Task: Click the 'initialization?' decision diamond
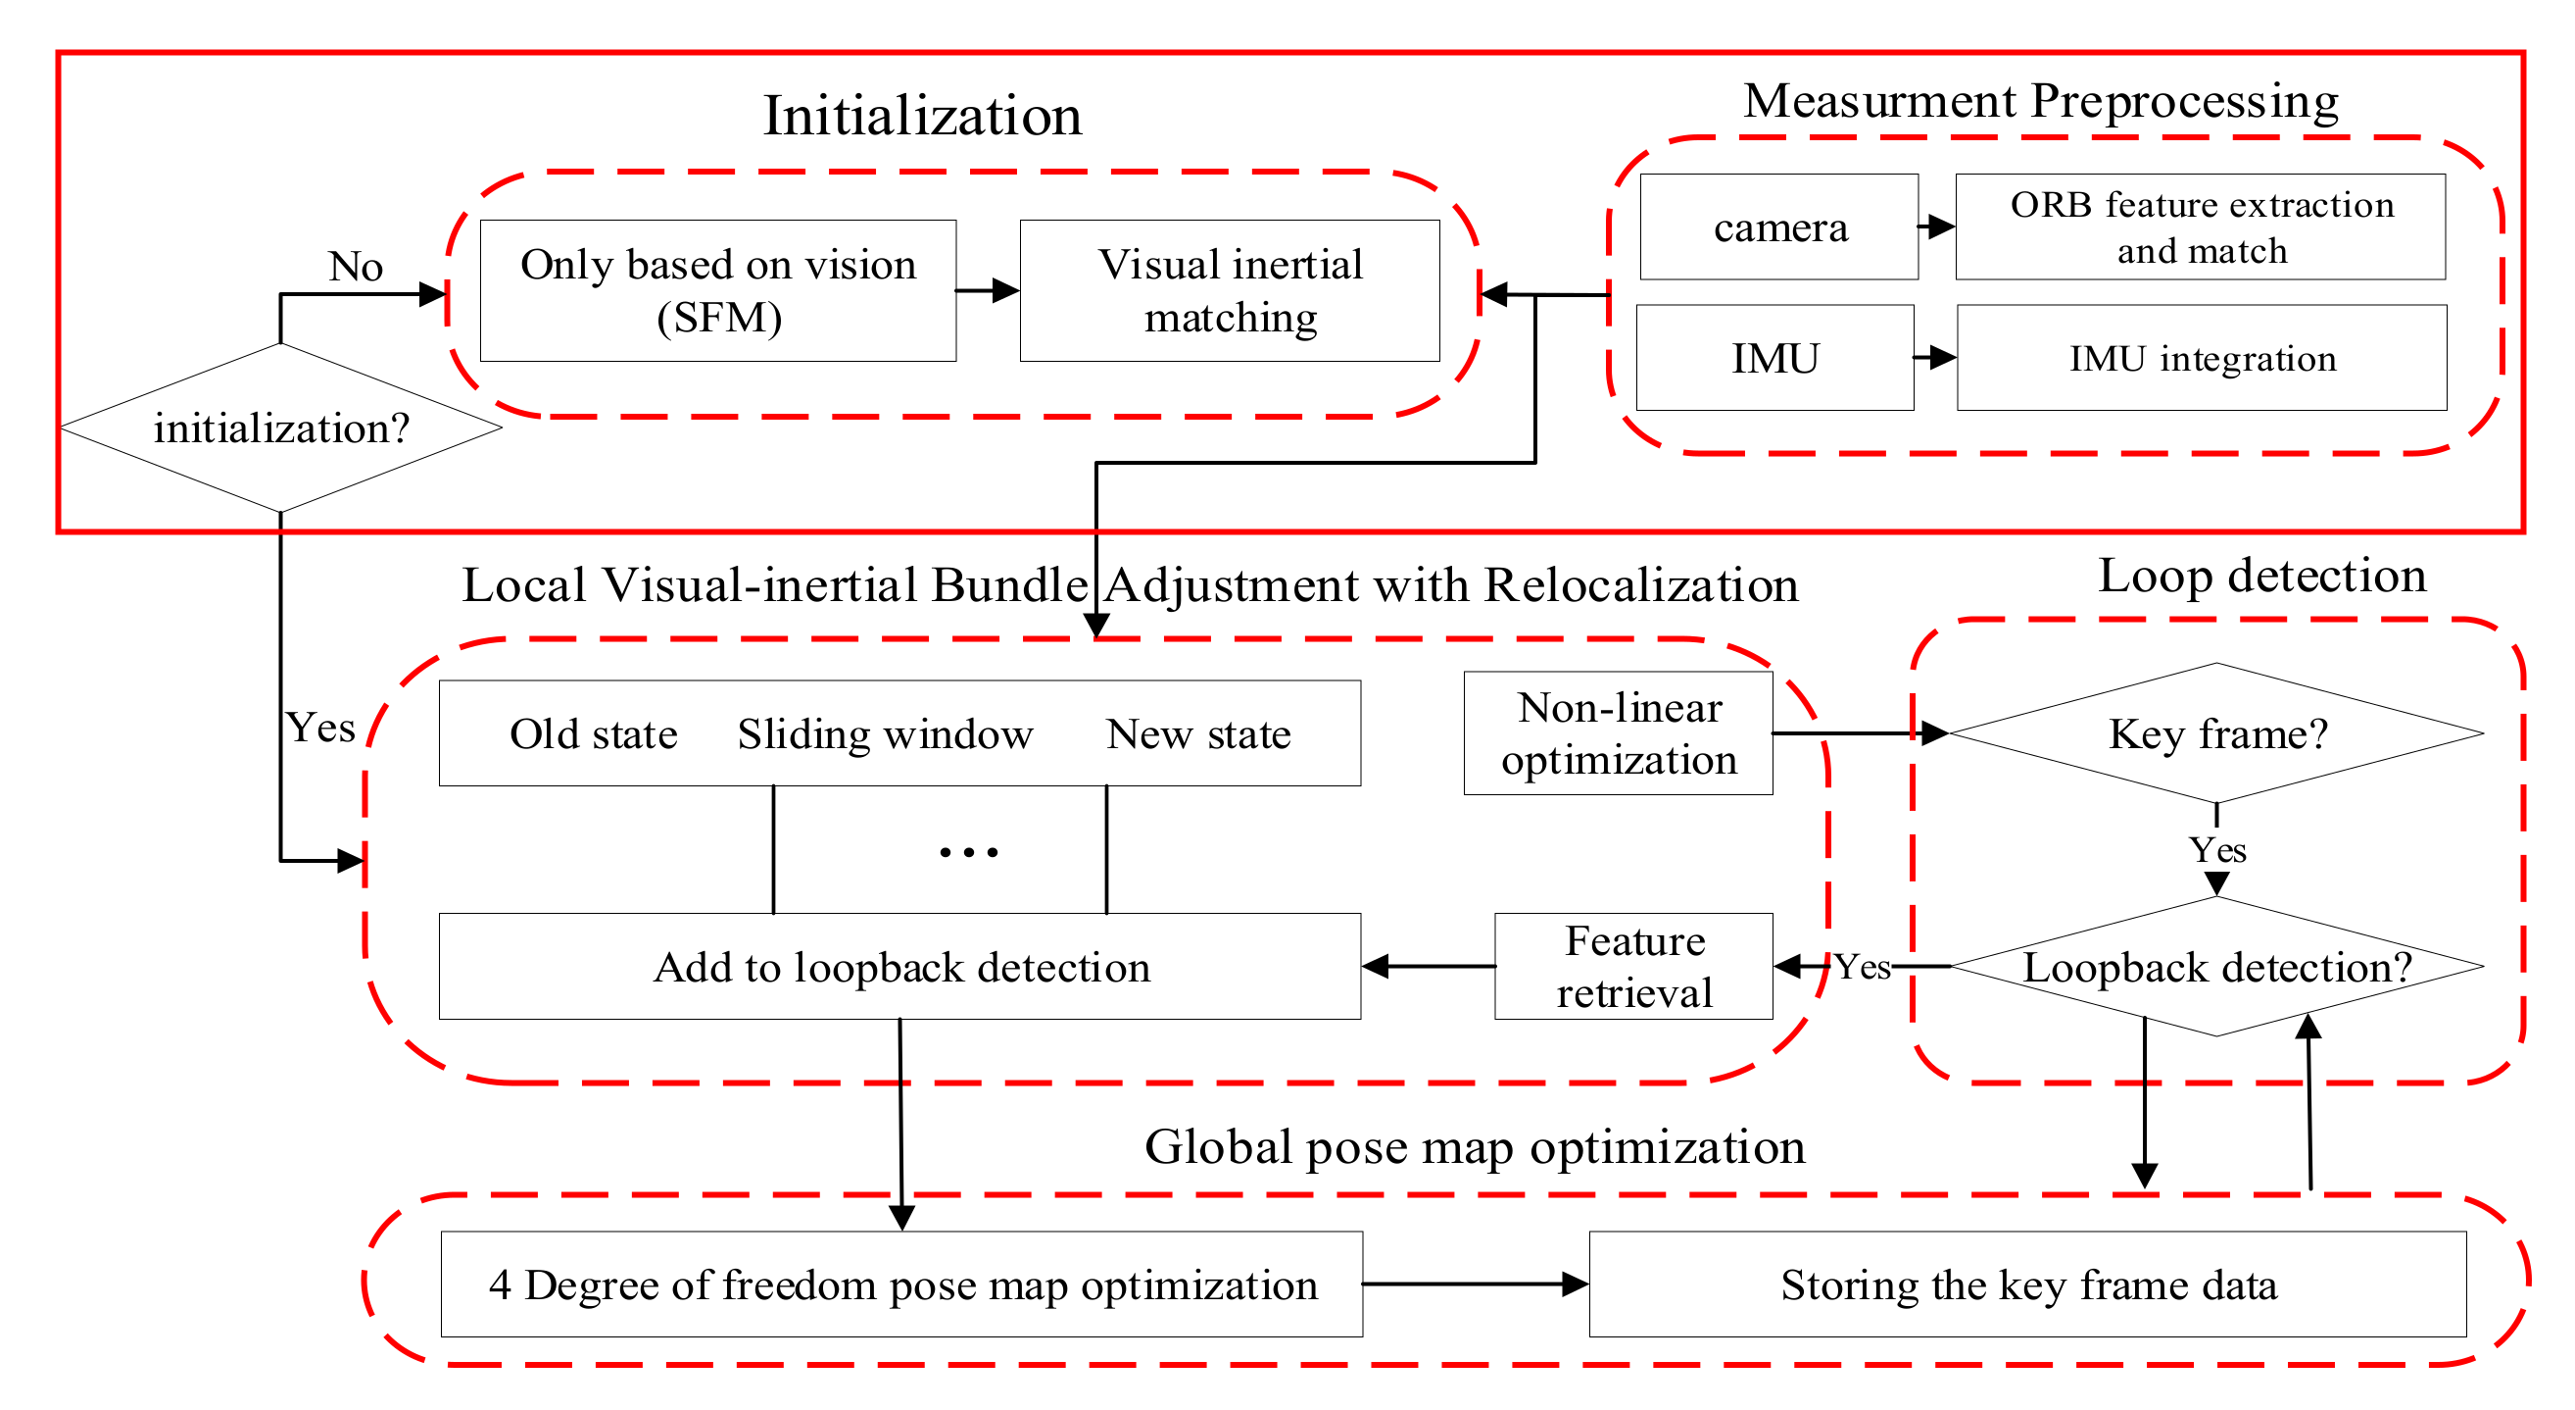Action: click(281, 428)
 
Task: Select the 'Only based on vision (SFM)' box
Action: click(717, 291)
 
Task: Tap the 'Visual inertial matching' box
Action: click(1230, 291)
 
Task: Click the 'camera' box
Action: click(1779, 227)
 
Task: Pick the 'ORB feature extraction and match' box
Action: click(2200, 227)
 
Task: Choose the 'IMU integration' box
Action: click(2201, 358)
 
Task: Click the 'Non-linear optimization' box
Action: click(1619, 733)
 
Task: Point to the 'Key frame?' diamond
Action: click(2216, 733)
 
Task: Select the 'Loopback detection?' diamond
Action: click(2216, 967)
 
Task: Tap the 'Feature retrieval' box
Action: click(1633, 966)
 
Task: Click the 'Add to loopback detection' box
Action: click(899, 967)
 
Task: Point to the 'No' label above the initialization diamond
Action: click(355, 267)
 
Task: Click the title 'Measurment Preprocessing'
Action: click(2040, 101)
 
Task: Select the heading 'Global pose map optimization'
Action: click(1475, 1147)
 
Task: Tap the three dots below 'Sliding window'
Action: click(968, 853)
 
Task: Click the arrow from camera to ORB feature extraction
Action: click(1936, 227)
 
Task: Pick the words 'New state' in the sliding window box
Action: click(1197, 735)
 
